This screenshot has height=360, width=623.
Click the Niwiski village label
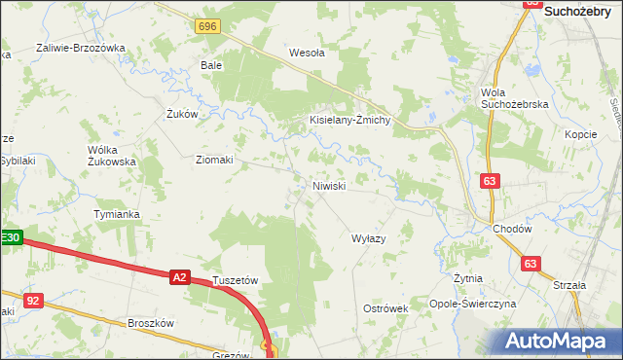pyautogui.click(x=329, y=185)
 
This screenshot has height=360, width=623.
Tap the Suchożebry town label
pyautogui.click(x=583, y=11)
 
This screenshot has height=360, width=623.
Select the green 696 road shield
pyautogui.click(x=205, y=27)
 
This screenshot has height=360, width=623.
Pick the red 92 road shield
pyautogui.click(x=33, y=301)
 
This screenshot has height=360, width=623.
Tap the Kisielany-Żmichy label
pyautogui.click(x=349, y=120)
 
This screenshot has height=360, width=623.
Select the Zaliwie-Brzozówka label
pyautogui.click(x=81, y=47)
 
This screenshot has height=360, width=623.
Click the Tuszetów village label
pyautogui.click(x=235, y=279)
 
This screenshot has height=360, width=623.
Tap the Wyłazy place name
pyautogui.click(x=369, y=238)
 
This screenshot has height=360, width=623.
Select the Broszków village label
pyautogui.click(x=150, y=323)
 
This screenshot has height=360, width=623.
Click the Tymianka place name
pyautogui.click(x=116, y=213)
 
